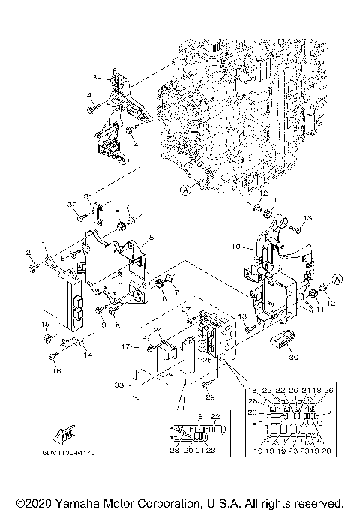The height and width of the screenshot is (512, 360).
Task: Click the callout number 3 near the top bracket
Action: point(94,78)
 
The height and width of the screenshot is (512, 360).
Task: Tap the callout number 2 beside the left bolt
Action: point(29,252)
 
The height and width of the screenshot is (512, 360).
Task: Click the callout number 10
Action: point(234,246)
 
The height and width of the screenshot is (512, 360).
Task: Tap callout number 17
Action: point(126,346)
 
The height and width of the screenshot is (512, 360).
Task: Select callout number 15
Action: point(45,323)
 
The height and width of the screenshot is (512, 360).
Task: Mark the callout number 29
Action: point(209,397)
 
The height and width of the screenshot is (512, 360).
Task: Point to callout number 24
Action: point(158,330)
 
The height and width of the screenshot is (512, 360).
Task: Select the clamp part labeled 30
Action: point(280,340)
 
